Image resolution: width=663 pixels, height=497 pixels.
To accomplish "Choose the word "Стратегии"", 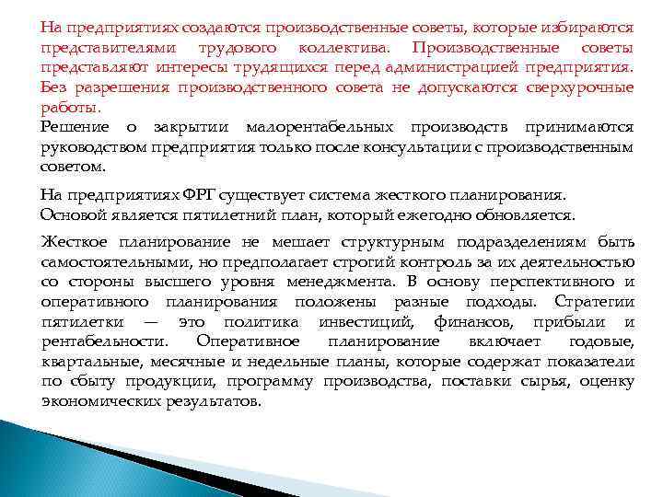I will click(x=595, y=303).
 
